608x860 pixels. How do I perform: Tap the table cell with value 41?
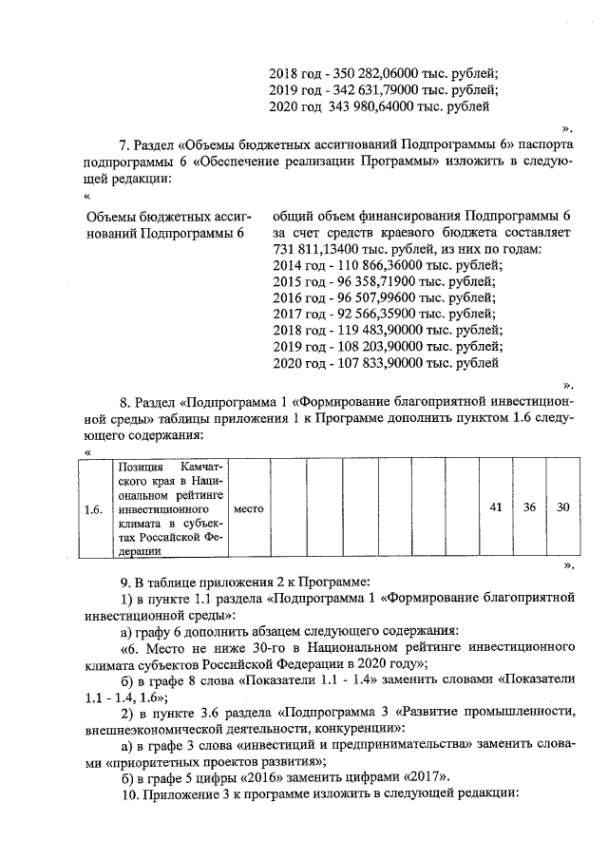(x=495, y=507)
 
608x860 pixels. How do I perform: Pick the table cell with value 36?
(x=529, y=507)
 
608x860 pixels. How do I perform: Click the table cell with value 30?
(x=562, y=507)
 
